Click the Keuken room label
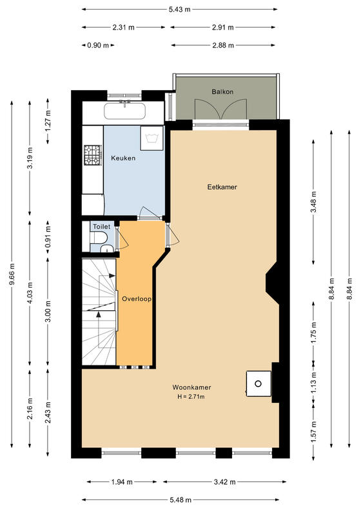pyautogui.click(x=123, y=158)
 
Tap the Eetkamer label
pyautogui.click(x=222, y=187)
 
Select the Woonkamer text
pyautogui.click(x=191, y=387)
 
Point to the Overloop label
pyautogui.click(x=137, y=299)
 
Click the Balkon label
pyautogui.click(x=222, y=91)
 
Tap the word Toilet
pyautogui.click(x=101, y=227)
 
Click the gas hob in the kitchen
pyautogui.click(x=93, y=155)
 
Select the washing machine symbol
pyautogui.click(x=151, y=138)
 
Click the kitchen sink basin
pyautogui.click(x=124, y=111)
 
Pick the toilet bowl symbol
pyautogui.click(x=98, y=237)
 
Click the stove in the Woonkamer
pyautogui.click(x=259, y=384)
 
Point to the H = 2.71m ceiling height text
pyautogui.click(x=191, y=396)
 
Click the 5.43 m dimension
pyautogui.click(x=179, y=10)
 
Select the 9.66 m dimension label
pyautogui.click(x=12, y=274)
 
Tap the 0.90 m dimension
pyautogui.click(x=98, y=46)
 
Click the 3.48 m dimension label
pyautogui.click(x=313, y=202)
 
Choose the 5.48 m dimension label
pyautogui.click(x=180, y=500)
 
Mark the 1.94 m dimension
pyautogui.click(x=122, y=482)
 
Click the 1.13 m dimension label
pyautogui.click(x=313, y=383)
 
